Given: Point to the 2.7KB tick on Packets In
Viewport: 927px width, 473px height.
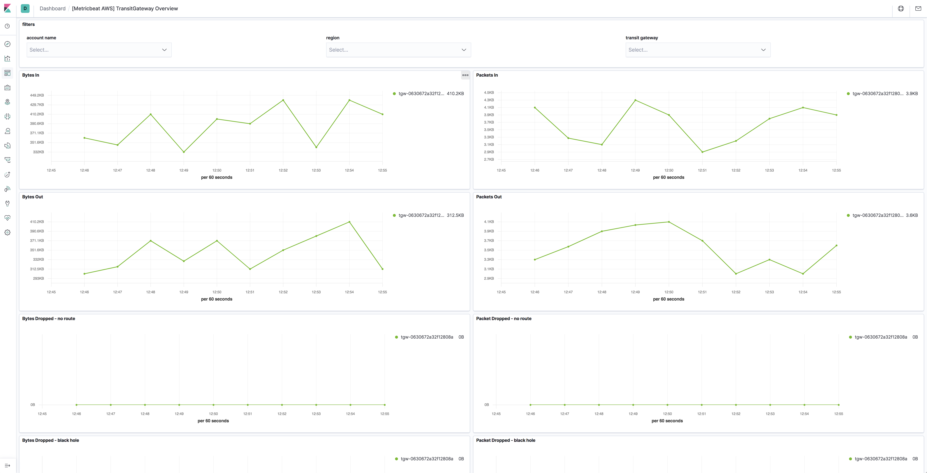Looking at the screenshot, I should tap(489, 159).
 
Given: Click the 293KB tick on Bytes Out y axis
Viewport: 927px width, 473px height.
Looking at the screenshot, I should tap(38, 278).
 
